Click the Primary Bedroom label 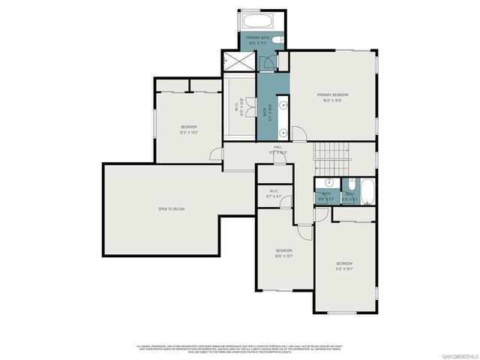[x=334, y=97]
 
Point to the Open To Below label [x=171, y=208]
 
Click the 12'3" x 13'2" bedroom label [x=188, y=130]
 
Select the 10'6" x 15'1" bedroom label [x=283, y=252]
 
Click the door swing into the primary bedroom [x=298, y=134]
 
